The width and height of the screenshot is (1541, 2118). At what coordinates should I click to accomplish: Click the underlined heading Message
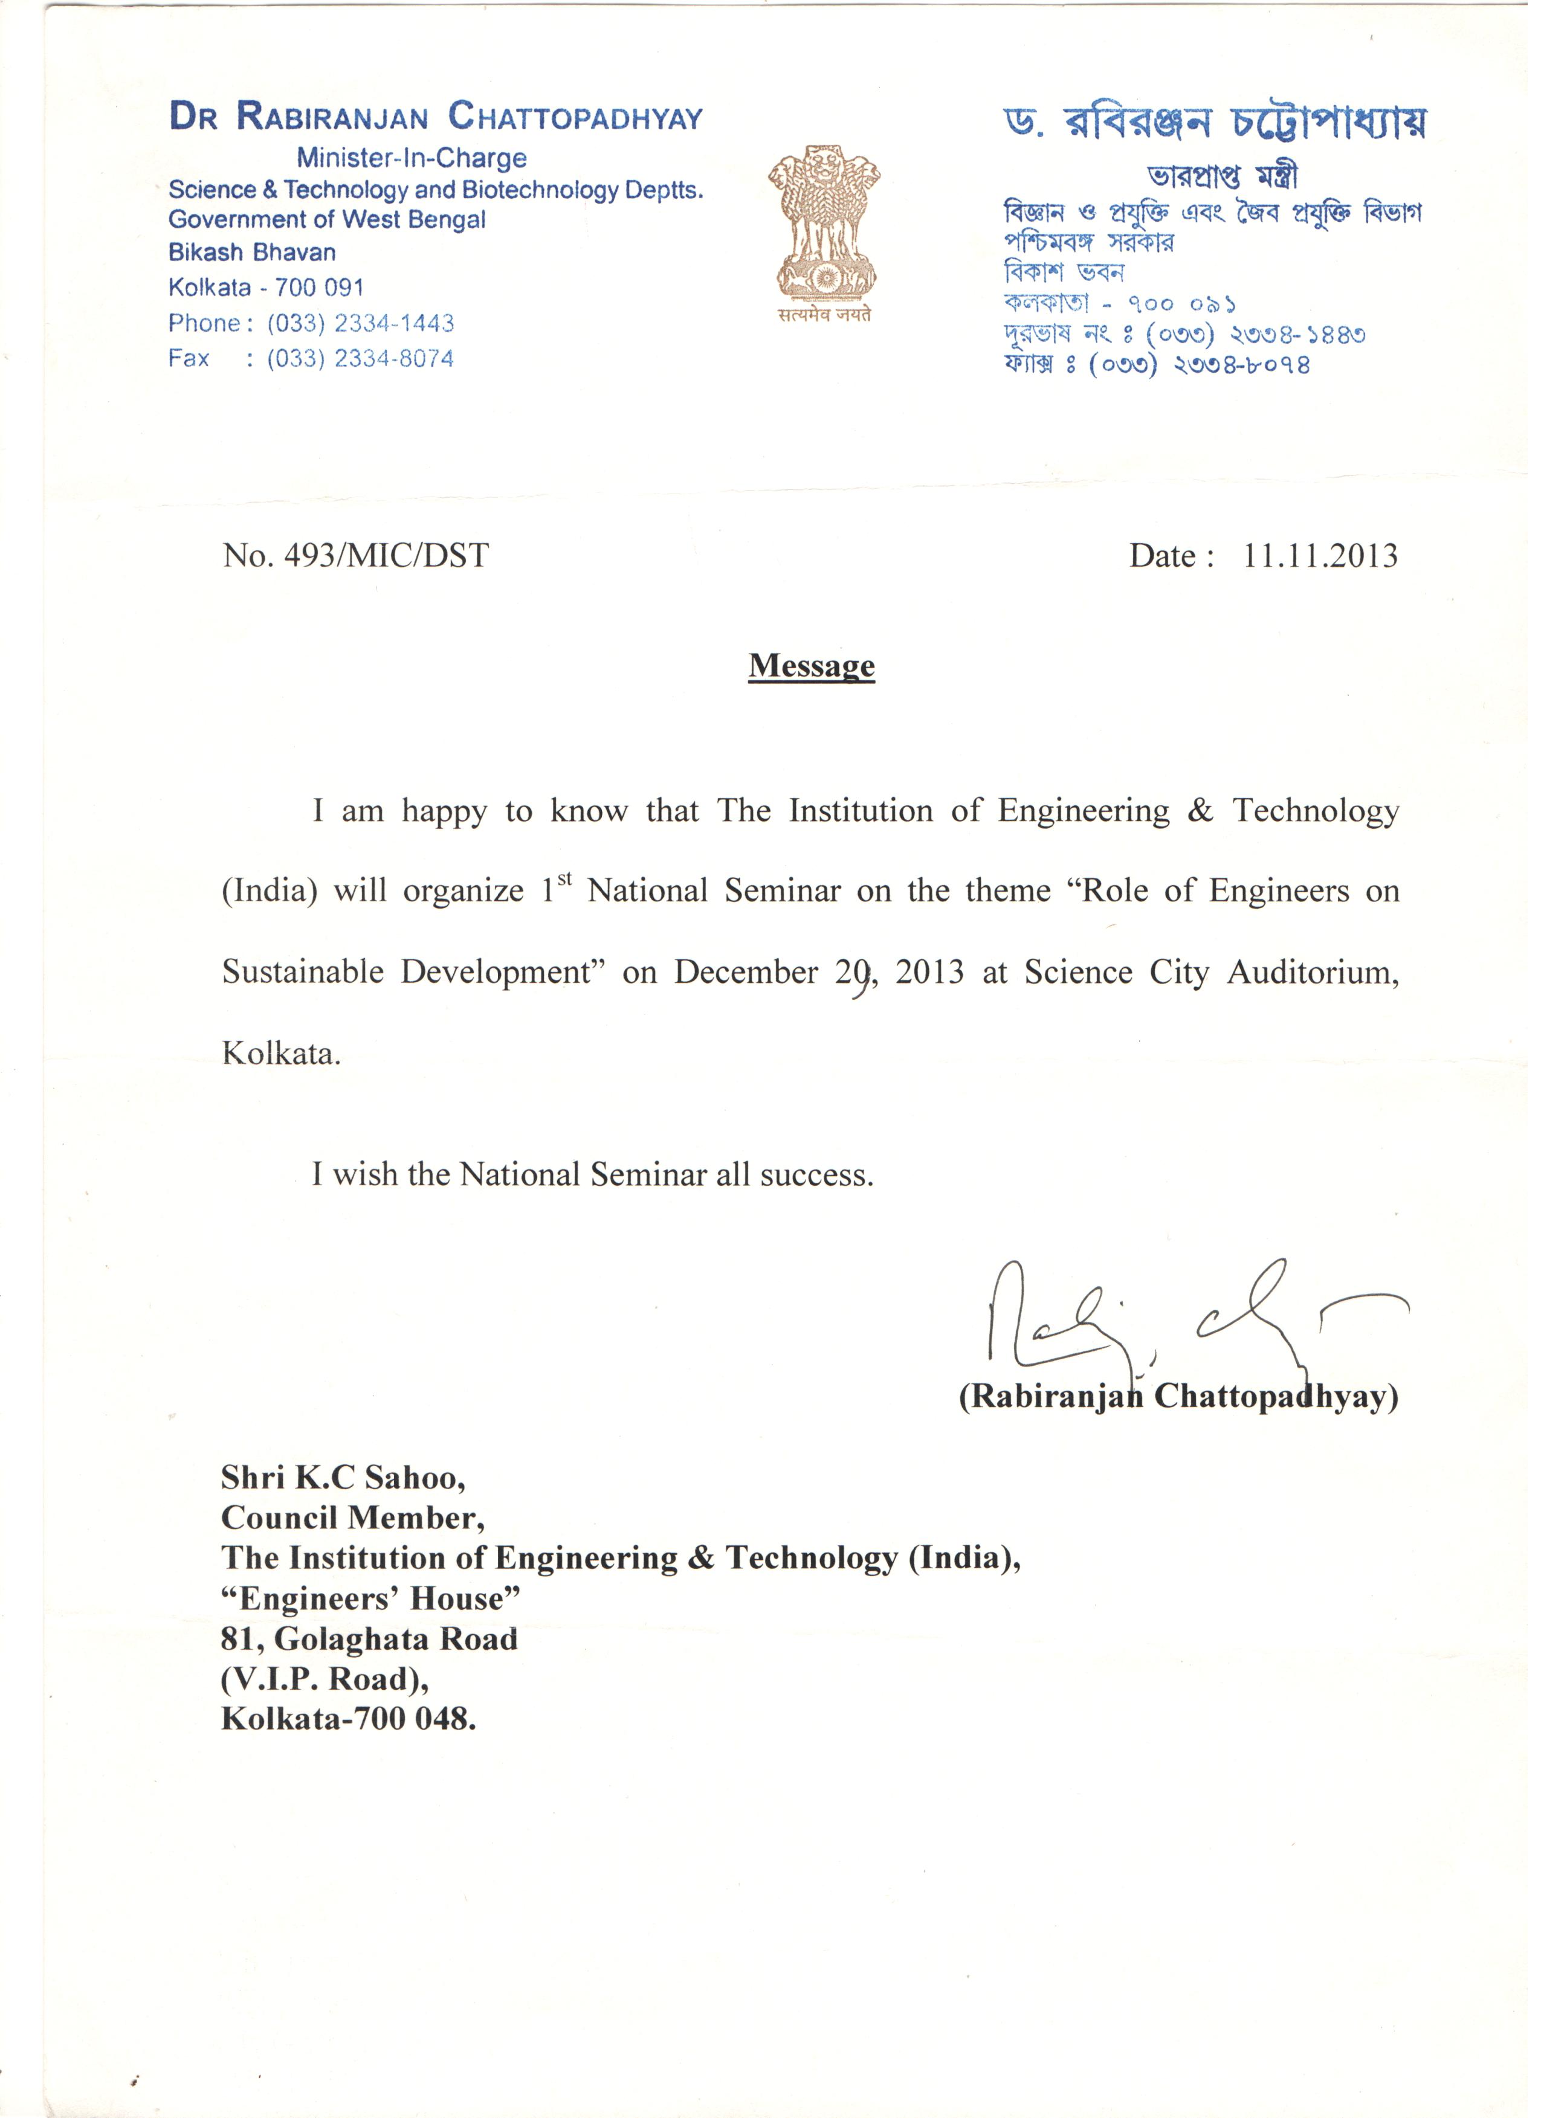click(812, 666)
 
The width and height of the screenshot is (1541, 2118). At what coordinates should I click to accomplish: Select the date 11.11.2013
click(1320, 556)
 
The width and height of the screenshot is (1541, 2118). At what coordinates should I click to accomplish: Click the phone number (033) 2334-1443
click(361, 323)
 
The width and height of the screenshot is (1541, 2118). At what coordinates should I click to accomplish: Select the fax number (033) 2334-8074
click(361, 359)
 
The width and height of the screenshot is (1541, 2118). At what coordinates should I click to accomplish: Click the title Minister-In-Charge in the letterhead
click(412, 158)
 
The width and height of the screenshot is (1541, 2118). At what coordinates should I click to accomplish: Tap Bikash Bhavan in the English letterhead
click(252, 252)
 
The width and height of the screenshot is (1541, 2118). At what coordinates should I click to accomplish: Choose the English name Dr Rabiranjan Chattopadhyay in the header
click(436, 117)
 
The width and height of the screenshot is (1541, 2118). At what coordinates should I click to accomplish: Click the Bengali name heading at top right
click(1214, 123)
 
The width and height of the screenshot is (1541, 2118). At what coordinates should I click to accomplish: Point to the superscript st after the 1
click(564, 878)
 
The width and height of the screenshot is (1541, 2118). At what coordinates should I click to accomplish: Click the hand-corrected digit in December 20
click(862, 975)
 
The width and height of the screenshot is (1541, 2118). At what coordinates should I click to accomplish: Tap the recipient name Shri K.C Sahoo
click(343, 1478)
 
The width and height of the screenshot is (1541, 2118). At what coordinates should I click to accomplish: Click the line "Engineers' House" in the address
click(370, 1599)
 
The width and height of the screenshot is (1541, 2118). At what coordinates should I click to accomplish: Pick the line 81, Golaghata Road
click(369, 1639)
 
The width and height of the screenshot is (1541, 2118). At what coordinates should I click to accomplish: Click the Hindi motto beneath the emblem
click(824, 315)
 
